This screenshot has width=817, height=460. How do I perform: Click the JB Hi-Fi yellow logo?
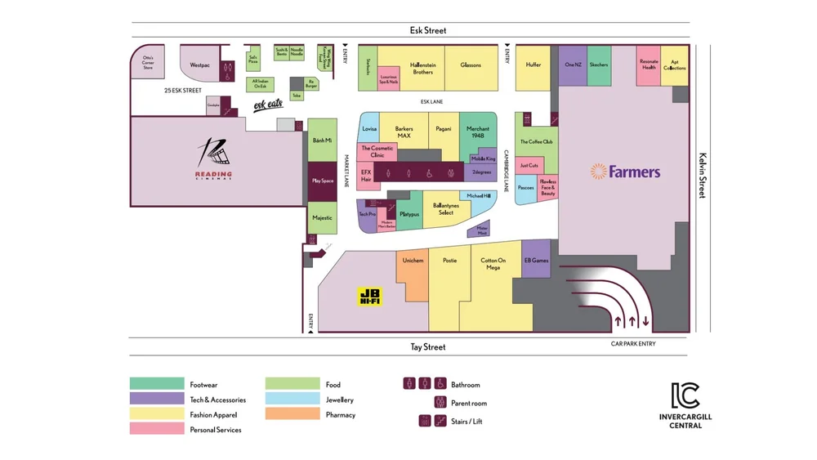370,297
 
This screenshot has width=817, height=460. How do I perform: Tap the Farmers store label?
626,172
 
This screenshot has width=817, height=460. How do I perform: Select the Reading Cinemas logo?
214,159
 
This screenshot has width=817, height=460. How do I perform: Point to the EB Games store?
536,261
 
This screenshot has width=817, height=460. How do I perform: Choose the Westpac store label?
200,65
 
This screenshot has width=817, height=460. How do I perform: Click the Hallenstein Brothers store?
422,69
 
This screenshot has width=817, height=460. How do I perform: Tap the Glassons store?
471,65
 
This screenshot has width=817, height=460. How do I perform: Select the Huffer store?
533,65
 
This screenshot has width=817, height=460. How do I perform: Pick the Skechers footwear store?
599,65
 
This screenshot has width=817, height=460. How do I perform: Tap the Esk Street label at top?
428,31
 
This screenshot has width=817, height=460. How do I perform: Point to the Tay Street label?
427,347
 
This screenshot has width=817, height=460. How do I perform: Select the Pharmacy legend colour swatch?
292,414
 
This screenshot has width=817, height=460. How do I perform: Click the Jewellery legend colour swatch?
292,400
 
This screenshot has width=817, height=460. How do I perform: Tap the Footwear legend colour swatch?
156,384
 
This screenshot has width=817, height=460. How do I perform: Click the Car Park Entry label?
633,344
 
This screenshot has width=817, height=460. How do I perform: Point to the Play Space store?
323,181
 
